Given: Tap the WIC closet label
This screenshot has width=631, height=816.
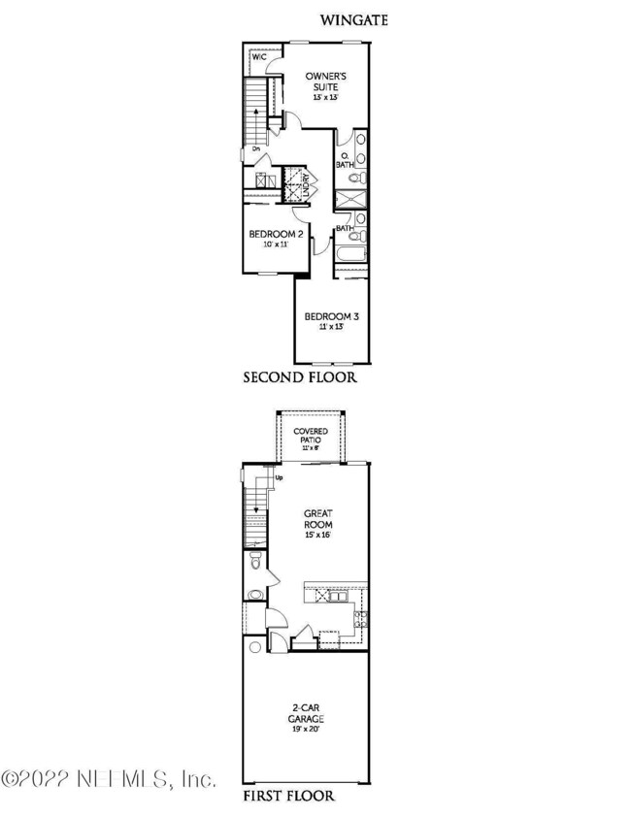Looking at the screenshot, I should [x=259, y=58].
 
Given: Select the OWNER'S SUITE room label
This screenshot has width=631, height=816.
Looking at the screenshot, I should [x=323, y=82].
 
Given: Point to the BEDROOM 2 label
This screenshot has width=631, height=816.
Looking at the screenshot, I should [x=277, y=235].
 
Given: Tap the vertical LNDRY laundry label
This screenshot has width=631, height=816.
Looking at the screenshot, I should [x=305, y=184].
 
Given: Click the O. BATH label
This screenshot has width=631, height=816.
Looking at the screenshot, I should [x=344, y=160].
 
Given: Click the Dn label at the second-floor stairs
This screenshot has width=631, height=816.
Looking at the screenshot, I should [x=255, y=149].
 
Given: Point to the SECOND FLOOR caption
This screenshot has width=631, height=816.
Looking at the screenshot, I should [x=299, y=377].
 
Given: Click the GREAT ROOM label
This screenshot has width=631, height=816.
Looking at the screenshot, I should [x=319, y=517].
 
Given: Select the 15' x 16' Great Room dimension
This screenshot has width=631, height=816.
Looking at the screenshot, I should [x=319, y=536].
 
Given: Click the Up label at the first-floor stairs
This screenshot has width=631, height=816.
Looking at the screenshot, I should [x=280, y=478].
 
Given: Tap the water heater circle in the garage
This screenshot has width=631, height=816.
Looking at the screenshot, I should [x=255, y=647].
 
